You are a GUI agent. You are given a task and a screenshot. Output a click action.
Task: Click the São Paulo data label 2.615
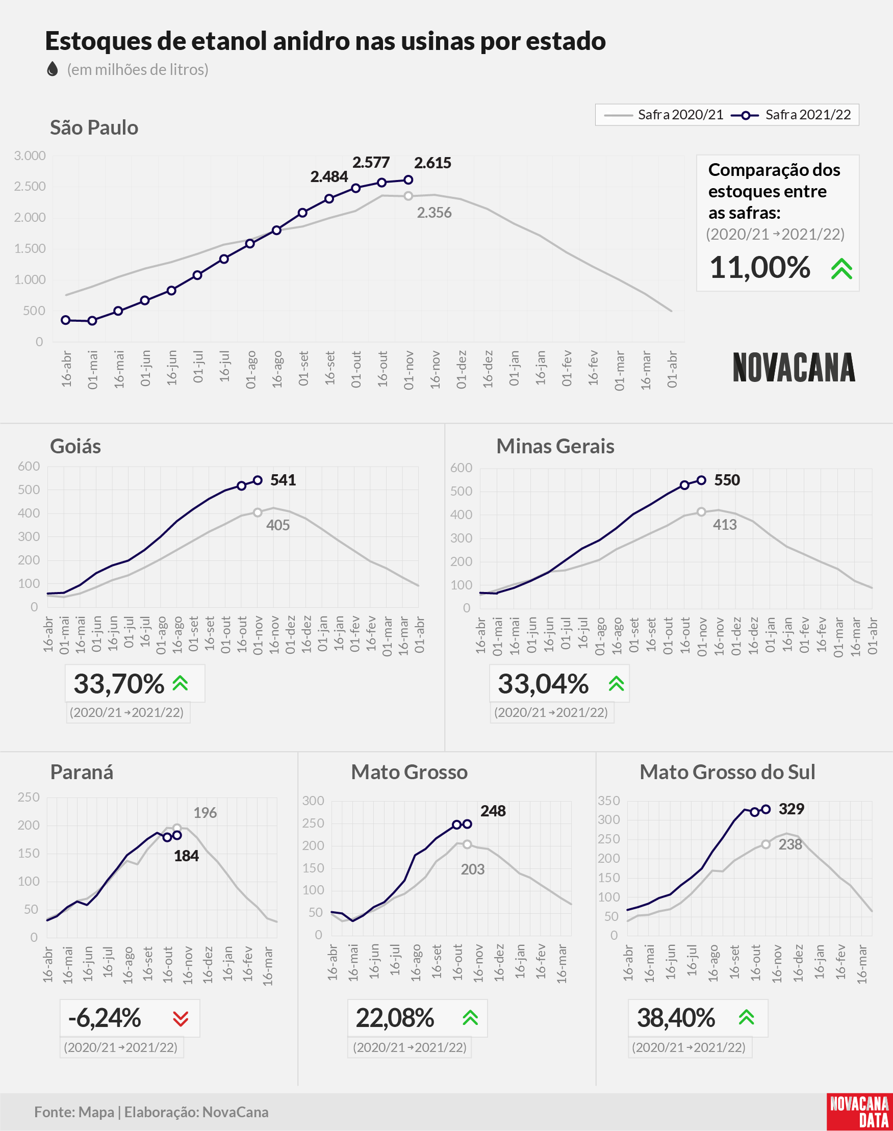coord(432,163)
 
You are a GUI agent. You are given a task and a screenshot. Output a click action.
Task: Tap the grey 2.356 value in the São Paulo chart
coord(434,213)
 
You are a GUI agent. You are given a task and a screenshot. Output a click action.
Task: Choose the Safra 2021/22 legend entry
coord(791,115)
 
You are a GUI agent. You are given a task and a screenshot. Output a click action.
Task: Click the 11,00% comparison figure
coord(760,268)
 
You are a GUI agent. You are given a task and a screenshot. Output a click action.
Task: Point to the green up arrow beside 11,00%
coord(842,269)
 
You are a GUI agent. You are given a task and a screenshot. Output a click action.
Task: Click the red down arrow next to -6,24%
coord(181,1018)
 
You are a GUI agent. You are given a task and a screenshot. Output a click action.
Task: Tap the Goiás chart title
coord(75,446)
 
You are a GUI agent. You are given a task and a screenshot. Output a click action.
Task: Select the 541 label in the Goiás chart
coord(283,480)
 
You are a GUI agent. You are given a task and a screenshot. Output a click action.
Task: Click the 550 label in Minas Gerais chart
coord(727,480)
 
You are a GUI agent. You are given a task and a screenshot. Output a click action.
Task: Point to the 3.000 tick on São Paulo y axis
coord(30,156)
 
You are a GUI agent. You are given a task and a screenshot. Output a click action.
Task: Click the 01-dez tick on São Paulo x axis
coord(461,370)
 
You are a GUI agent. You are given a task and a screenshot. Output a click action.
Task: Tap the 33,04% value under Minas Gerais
coord(543,684)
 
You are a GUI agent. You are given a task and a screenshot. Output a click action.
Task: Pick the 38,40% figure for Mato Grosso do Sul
coord(676,1018)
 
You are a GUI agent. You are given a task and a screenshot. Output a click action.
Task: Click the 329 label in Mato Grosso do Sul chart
coord(791,809)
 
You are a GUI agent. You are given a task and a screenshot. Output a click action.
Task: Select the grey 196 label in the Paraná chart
coord(205,813)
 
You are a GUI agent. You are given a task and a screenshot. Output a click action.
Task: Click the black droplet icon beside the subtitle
coord(53,69)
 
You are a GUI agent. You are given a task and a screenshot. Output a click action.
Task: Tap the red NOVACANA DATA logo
coord(859,1112)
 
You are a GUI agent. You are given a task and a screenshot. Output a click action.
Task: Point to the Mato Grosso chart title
coord(410,772)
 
